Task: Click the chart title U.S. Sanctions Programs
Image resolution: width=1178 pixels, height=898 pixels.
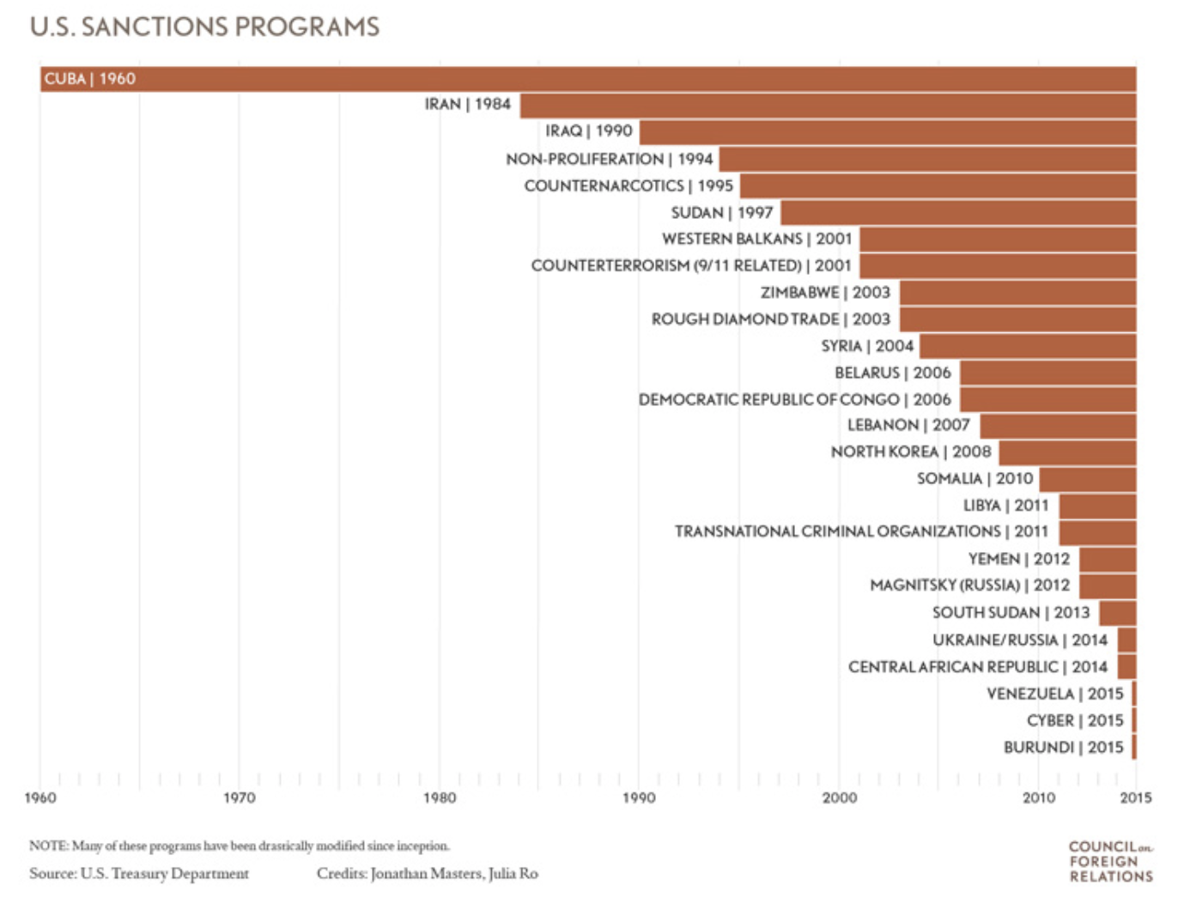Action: click(204, 27)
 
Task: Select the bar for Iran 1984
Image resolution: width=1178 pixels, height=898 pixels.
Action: click(827, 106)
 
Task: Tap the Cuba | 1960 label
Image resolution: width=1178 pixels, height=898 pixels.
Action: click(90, 79)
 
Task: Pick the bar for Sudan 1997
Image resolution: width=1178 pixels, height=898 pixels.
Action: click(957, 213)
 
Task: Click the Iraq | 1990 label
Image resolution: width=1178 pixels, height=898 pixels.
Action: click(589, 130)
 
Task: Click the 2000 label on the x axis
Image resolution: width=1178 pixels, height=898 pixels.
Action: click(839, 798)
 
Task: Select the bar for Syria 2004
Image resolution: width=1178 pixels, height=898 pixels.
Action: click(1027, 347)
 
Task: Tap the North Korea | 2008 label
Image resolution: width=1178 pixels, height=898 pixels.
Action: click(911, 452)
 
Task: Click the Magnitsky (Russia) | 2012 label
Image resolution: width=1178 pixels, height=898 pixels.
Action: click(969, 586)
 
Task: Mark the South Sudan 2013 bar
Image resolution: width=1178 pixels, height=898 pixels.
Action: click(1117, 613)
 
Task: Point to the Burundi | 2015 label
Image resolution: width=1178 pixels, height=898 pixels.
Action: click(1063, 747)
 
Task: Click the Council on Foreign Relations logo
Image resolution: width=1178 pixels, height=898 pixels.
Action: click(1110, 861)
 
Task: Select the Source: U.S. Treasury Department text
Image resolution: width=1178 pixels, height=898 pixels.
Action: click(139, 873)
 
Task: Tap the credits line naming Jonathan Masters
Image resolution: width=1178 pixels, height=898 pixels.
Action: click(427, 873)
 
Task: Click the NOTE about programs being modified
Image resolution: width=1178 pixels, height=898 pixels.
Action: click(239, 846)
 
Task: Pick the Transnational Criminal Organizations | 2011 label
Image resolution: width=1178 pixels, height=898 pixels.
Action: click(861, 531)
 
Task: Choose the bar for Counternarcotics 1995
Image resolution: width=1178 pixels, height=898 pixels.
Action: click(938, 186)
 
